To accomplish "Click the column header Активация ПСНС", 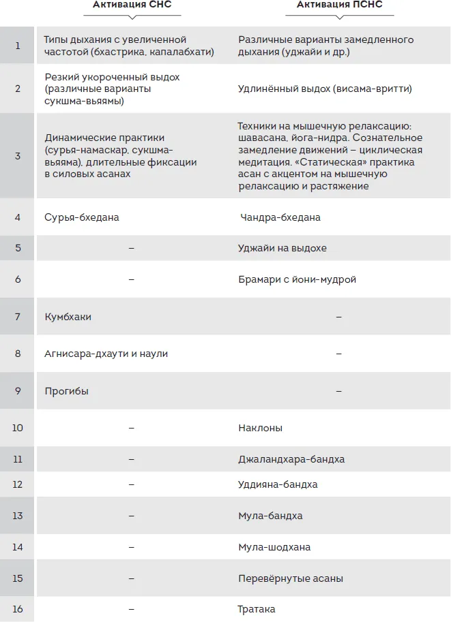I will point(339,5).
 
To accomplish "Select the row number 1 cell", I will point(18,46).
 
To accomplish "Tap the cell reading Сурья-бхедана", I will point(82,217).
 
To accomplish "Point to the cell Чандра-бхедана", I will point(280,217).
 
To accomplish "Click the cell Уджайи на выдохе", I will point(282,248).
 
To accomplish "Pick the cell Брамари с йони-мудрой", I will point(297,279).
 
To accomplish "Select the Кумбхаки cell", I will point(68,317).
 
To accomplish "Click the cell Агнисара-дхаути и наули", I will point(106,354).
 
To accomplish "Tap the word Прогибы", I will point(66,391).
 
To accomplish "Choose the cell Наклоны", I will point(260,428).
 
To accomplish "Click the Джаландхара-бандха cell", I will point(291,459).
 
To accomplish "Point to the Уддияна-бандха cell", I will point(278,484).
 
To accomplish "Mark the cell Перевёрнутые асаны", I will point(291,578).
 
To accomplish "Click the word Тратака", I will point(257,609).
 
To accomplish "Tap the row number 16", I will point(18,609).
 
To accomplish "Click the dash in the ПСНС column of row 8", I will point(339,354).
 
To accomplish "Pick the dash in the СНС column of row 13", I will point(131,516).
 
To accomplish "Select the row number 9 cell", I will point(18,391).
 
